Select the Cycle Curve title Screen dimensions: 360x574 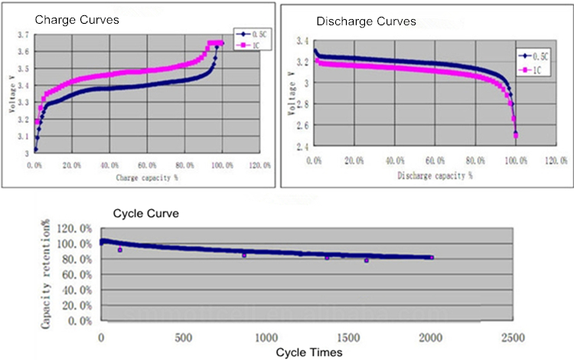coord(146,214)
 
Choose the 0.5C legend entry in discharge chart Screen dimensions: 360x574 coord(539,55)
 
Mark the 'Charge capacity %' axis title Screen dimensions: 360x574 coord(148,178)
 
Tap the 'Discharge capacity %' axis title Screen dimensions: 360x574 coord(435,175)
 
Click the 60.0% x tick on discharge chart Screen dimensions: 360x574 coord(435,161)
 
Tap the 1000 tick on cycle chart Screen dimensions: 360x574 coord(266,338)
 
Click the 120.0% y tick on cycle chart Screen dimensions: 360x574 coord(80,228)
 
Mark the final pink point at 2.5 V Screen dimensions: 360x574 coord(516,136)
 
